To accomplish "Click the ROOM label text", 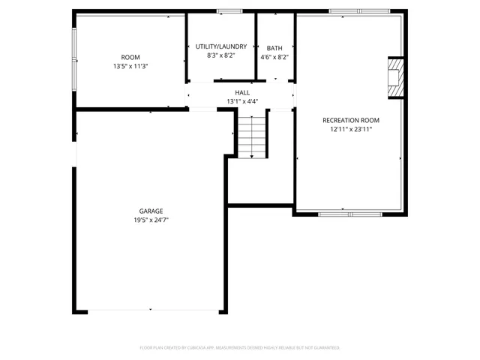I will (130, 58).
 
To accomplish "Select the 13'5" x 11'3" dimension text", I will (130, 66).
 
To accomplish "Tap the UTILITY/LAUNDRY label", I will (220, 46).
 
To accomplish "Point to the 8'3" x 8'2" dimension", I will (220, 56).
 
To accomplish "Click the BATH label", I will (274, 48).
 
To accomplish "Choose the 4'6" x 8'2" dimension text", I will (274, 57).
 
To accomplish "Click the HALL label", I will (242, 93).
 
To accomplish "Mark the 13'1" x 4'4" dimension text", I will (242, 101).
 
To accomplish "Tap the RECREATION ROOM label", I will (351, 120).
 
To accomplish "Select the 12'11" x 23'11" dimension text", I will (351, 129).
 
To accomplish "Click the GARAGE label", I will (151, 211).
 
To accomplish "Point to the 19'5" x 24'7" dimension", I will (151, 220).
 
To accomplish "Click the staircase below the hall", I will (252, 135).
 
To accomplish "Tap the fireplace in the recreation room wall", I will (394, 77).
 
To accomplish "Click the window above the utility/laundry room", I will (229, 11).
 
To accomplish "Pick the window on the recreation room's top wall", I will (359, 11).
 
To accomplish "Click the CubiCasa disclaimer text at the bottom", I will (240, 347).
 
